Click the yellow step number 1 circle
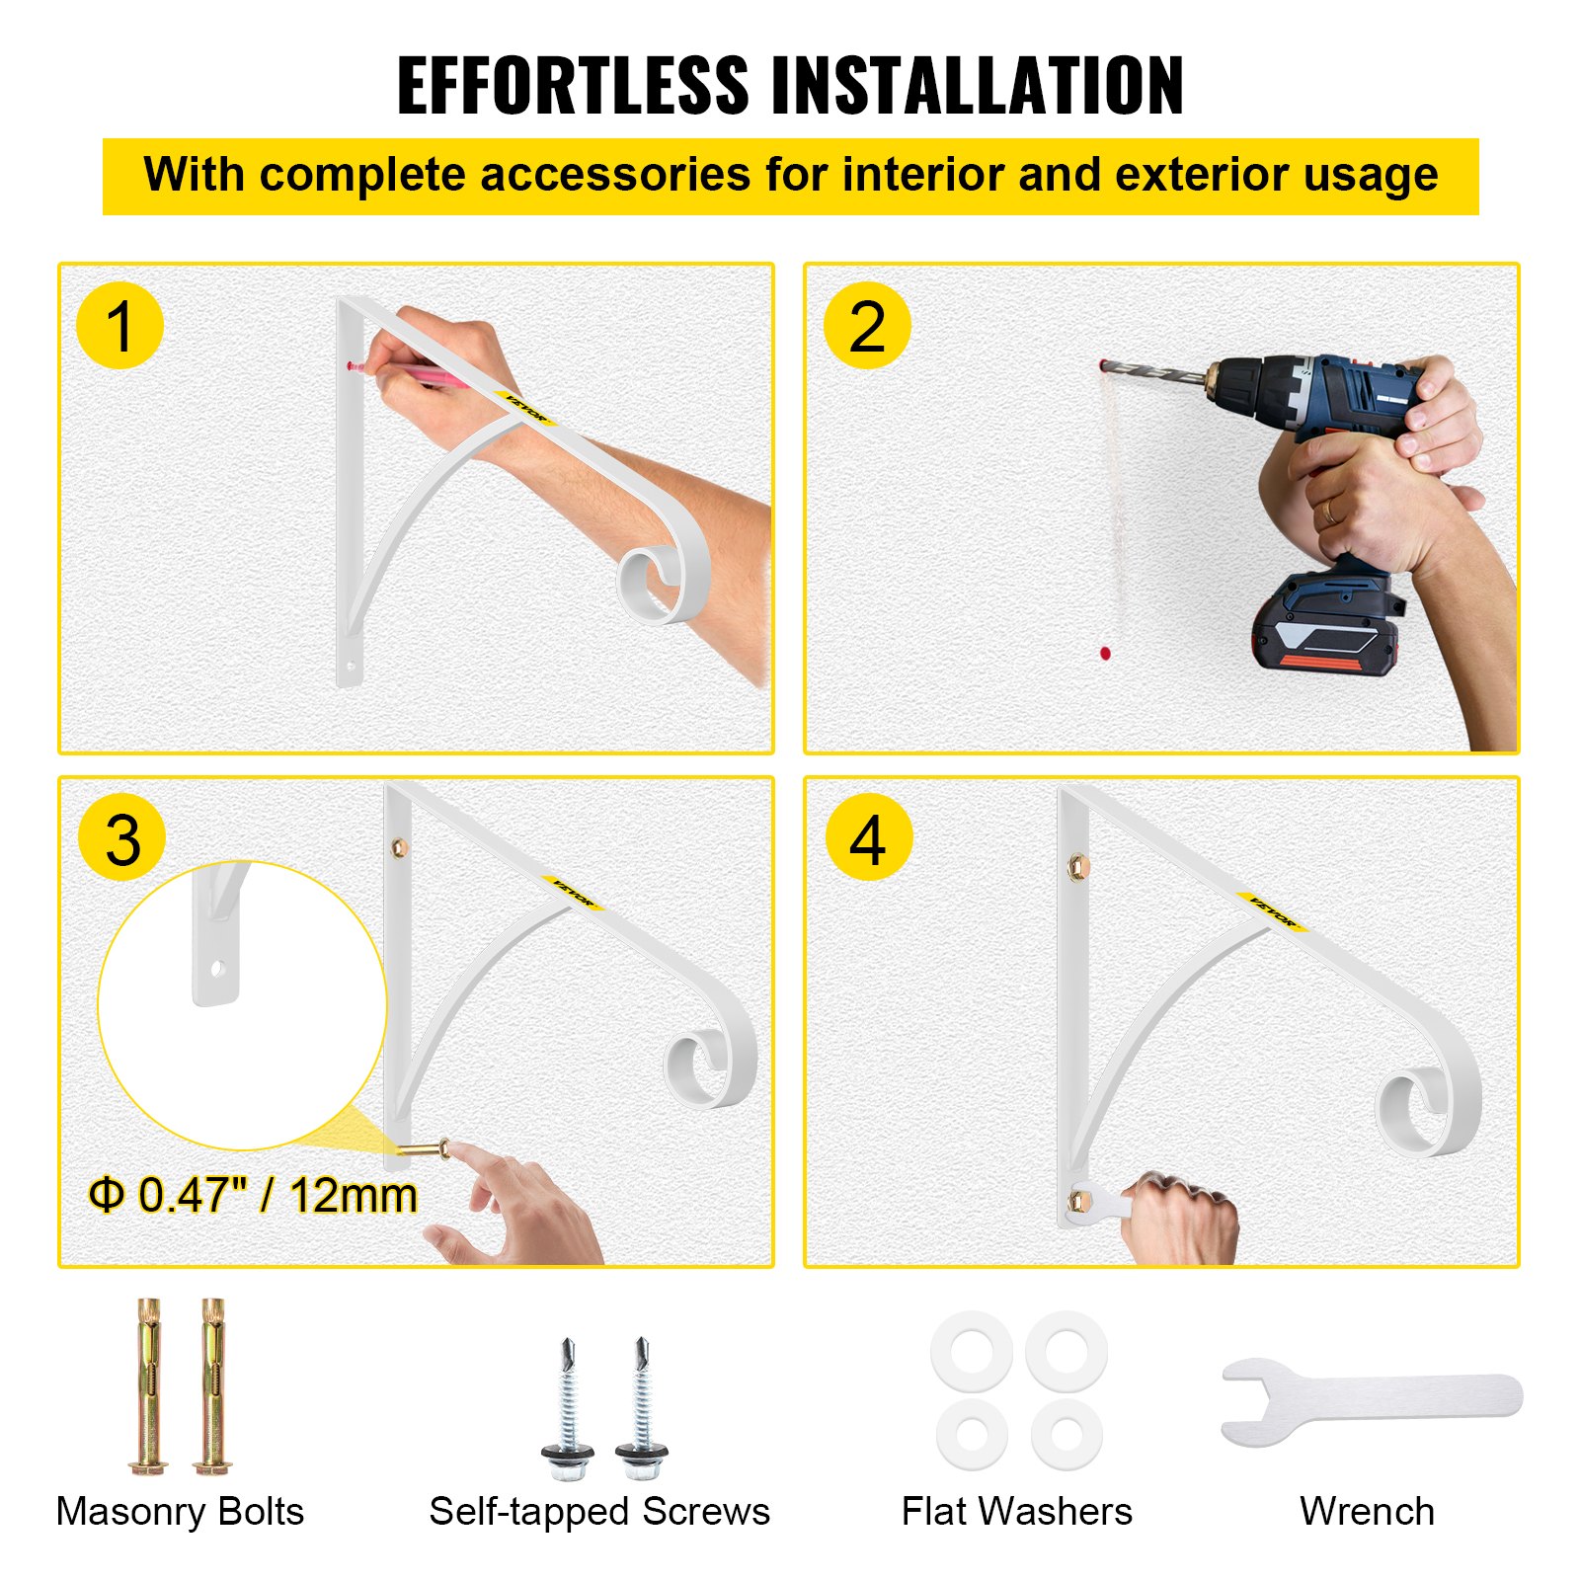119,326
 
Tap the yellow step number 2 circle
866,326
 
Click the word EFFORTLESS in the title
573,87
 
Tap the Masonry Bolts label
180,1511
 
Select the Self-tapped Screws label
599,1511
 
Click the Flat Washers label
1016,1511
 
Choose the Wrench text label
1367,1511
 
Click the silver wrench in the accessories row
1373,1401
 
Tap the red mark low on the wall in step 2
1105,653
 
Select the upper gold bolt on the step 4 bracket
1078,866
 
